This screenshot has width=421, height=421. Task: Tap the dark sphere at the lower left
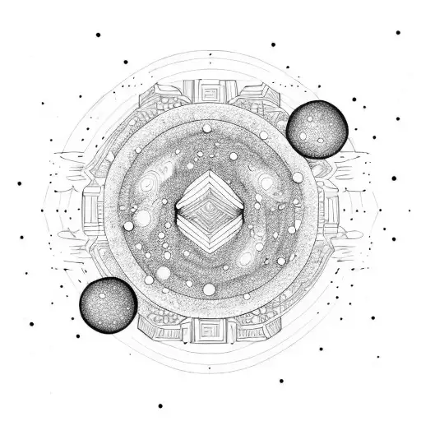[x=106, y=303]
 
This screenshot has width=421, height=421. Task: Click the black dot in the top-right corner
[x=398, y=33]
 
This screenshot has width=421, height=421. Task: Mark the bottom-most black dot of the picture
[x=160, y=405]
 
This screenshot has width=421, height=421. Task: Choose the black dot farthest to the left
[x=17, y=183]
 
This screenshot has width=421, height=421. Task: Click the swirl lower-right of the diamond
[x=244, y=259]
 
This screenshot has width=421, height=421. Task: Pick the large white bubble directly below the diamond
[x=209, y=289]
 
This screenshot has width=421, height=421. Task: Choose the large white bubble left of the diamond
[x=142, y=219]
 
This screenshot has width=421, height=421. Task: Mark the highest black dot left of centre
[x=98, y=35]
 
